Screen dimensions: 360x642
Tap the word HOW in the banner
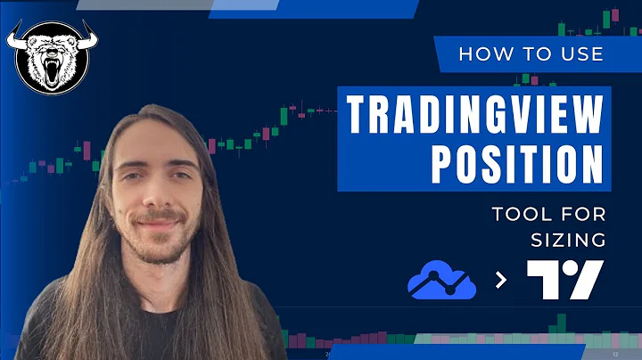(x=481, y=54)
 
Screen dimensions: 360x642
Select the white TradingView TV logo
(x=564, y=280)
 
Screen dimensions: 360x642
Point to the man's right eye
(x=134, y=177)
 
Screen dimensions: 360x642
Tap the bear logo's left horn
(x=17, y=37)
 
